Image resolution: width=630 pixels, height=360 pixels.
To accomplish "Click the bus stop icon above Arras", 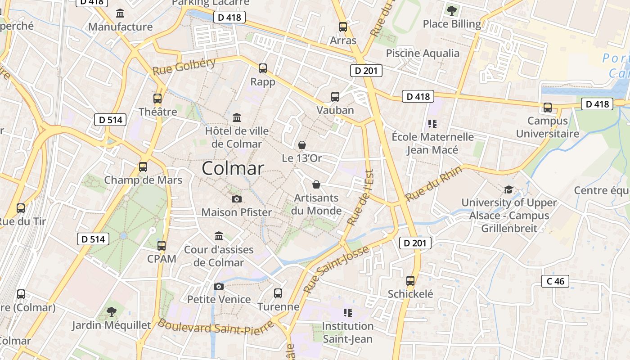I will coord(343,27).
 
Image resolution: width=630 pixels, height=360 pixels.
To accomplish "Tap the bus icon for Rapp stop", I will coord(263,68).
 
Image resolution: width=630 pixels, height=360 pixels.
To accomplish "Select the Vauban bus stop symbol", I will coord(335,96).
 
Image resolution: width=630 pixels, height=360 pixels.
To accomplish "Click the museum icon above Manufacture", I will coord(120,13).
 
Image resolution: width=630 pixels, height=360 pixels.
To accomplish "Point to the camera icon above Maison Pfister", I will coord(236,199).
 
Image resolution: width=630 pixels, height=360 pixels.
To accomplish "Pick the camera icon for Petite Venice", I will coord(219,286).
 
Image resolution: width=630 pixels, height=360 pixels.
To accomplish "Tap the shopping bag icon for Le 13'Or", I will coord(302,145).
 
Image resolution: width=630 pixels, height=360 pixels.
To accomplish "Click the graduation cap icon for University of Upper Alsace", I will coord(508,189).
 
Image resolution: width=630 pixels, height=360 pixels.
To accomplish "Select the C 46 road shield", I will coord(555,281).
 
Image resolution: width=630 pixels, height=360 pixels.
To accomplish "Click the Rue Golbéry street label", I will coord(184,67).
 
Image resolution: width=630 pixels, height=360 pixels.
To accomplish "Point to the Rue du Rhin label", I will coord(433,184).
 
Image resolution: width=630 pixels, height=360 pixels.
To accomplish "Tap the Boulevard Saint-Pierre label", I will coord(216,327).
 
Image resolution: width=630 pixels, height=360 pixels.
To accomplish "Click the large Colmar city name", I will coord(233,168).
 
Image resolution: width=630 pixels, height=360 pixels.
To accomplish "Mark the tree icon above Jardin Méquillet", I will coord(111,311).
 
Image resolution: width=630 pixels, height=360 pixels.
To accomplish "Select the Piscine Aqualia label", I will coord(423,53).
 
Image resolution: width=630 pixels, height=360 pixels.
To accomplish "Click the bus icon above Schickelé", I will coord(410,281).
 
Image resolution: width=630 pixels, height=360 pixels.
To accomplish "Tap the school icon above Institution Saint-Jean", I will coord(347,312).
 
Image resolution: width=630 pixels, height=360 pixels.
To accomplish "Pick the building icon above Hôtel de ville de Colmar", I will coord(236,118).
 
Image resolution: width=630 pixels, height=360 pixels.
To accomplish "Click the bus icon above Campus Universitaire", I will coord(548,108).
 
